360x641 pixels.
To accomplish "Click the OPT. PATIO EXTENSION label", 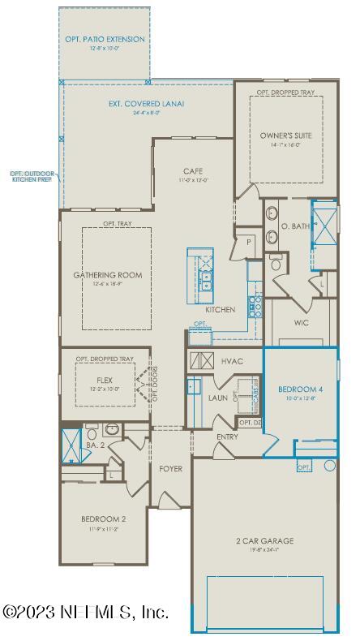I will (x=105, y=39).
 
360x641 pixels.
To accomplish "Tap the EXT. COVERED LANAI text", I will (x=147, y=104).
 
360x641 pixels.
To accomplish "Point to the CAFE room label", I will (x=192, y=170).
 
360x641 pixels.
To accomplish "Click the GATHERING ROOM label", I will (x=108, y=275).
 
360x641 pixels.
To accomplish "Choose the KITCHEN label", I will (x=220, y=310).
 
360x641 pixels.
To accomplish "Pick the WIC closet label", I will (x=301, y=321).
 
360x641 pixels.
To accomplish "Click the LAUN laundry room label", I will (x=217, y=398).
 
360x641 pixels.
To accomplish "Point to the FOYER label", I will (x=170, y=468).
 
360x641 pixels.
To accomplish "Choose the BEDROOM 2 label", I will (x=103, y=518).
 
